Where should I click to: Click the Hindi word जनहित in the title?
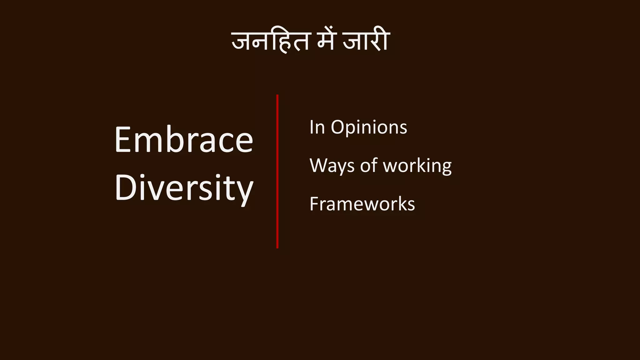coord(271,42)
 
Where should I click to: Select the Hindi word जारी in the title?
coord(366,42)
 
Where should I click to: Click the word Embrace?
coord(184,140)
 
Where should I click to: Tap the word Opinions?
coord(369,127)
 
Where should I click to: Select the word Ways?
coord(332,166)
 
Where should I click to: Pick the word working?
coord(417,166)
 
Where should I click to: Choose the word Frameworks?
coord(362,204)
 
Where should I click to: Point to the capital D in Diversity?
coord(124,188)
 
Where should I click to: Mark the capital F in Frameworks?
coord(314,204)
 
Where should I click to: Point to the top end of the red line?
coord(277,96)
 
